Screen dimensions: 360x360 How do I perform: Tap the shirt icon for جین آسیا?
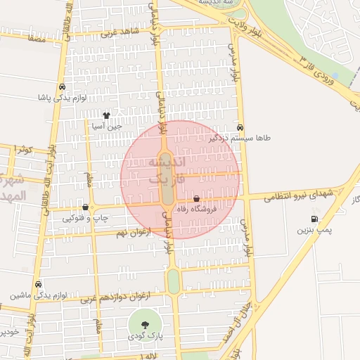(106, 115)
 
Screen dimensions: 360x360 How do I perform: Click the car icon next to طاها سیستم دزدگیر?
(241, 128)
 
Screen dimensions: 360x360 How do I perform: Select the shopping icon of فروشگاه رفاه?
(196, 200)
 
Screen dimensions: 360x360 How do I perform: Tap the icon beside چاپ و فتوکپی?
(86, 207)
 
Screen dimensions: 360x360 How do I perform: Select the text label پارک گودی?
(146, 337)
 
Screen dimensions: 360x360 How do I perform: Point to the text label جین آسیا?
(107, 127)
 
